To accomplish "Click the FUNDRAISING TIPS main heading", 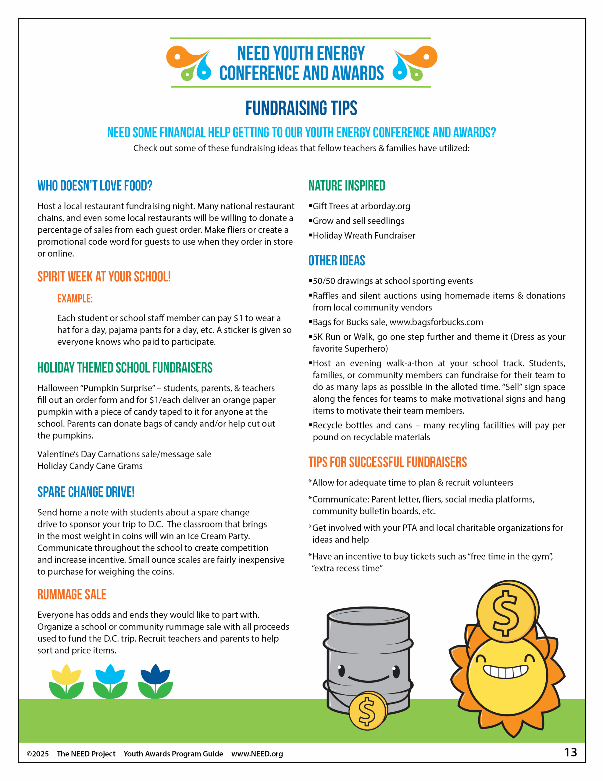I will (x=301, y=108).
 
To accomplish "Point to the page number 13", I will (x=570, y=752).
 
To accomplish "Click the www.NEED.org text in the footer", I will (x=257, y=754).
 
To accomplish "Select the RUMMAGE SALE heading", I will (x=72, y=594).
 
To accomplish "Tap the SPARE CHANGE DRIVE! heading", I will (x=86, y=492).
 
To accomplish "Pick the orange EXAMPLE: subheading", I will (x=75, y=299).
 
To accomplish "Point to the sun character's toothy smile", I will (x=505, y=671).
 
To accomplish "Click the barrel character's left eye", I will (x=341, y=670).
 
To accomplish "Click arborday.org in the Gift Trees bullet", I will (x=385, y=206).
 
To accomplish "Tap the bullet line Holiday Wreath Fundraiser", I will (x=364, y=236).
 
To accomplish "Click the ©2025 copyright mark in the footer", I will (x=38, y=754).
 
